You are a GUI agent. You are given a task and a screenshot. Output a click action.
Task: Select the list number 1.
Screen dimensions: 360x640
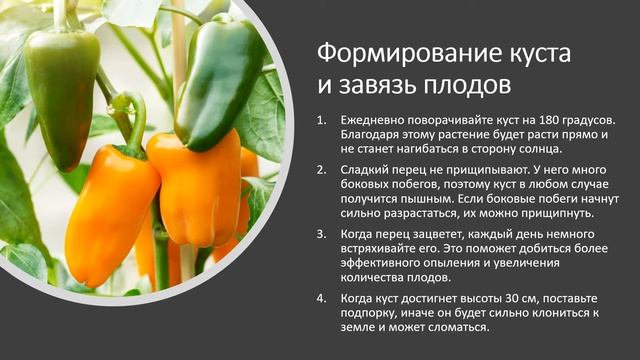[x=321, y=120]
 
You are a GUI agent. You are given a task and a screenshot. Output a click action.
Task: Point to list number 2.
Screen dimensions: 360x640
[x=321, y=169]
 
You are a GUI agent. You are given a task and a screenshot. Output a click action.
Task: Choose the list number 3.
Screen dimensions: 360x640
[x=321, y=234]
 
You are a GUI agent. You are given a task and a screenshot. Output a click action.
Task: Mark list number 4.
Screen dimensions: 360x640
[x=321, y=298]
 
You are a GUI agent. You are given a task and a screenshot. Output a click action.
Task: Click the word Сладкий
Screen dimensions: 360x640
[x=366, y=169]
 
